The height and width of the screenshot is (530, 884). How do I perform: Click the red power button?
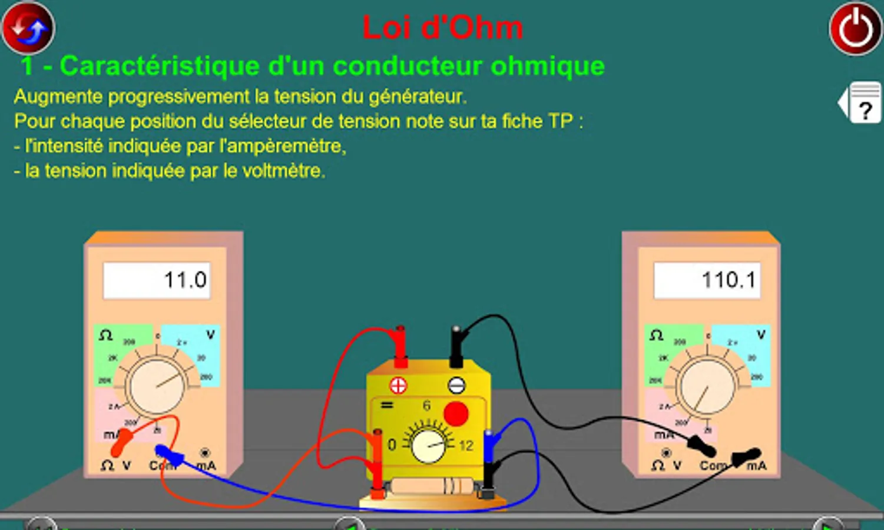[x=855, y=29]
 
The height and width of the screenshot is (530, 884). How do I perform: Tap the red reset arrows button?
[x=28, y=28]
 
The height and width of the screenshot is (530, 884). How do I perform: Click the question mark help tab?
[x=864, y=104]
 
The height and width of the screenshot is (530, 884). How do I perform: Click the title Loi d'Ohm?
[x=442, y=28]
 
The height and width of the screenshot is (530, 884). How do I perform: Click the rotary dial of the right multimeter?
[x=707, y=386]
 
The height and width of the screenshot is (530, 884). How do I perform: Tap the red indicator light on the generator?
[x=455, y=413]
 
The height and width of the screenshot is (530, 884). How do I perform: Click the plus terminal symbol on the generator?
[x=398, y=386]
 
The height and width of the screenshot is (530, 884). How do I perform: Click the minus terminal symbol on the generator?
[x=456, y=386]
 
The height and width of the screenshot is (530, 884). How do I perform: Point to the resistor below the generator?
[x=432, y=486]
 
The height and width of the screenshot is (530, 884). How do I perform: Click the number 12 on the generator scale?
[x=466, y=446]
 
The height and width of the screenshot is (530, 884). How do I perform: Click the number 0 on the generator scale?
[x=392, y=445]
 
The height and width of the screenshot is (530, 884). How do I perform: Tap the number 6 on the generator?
[x=426, y=406]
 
